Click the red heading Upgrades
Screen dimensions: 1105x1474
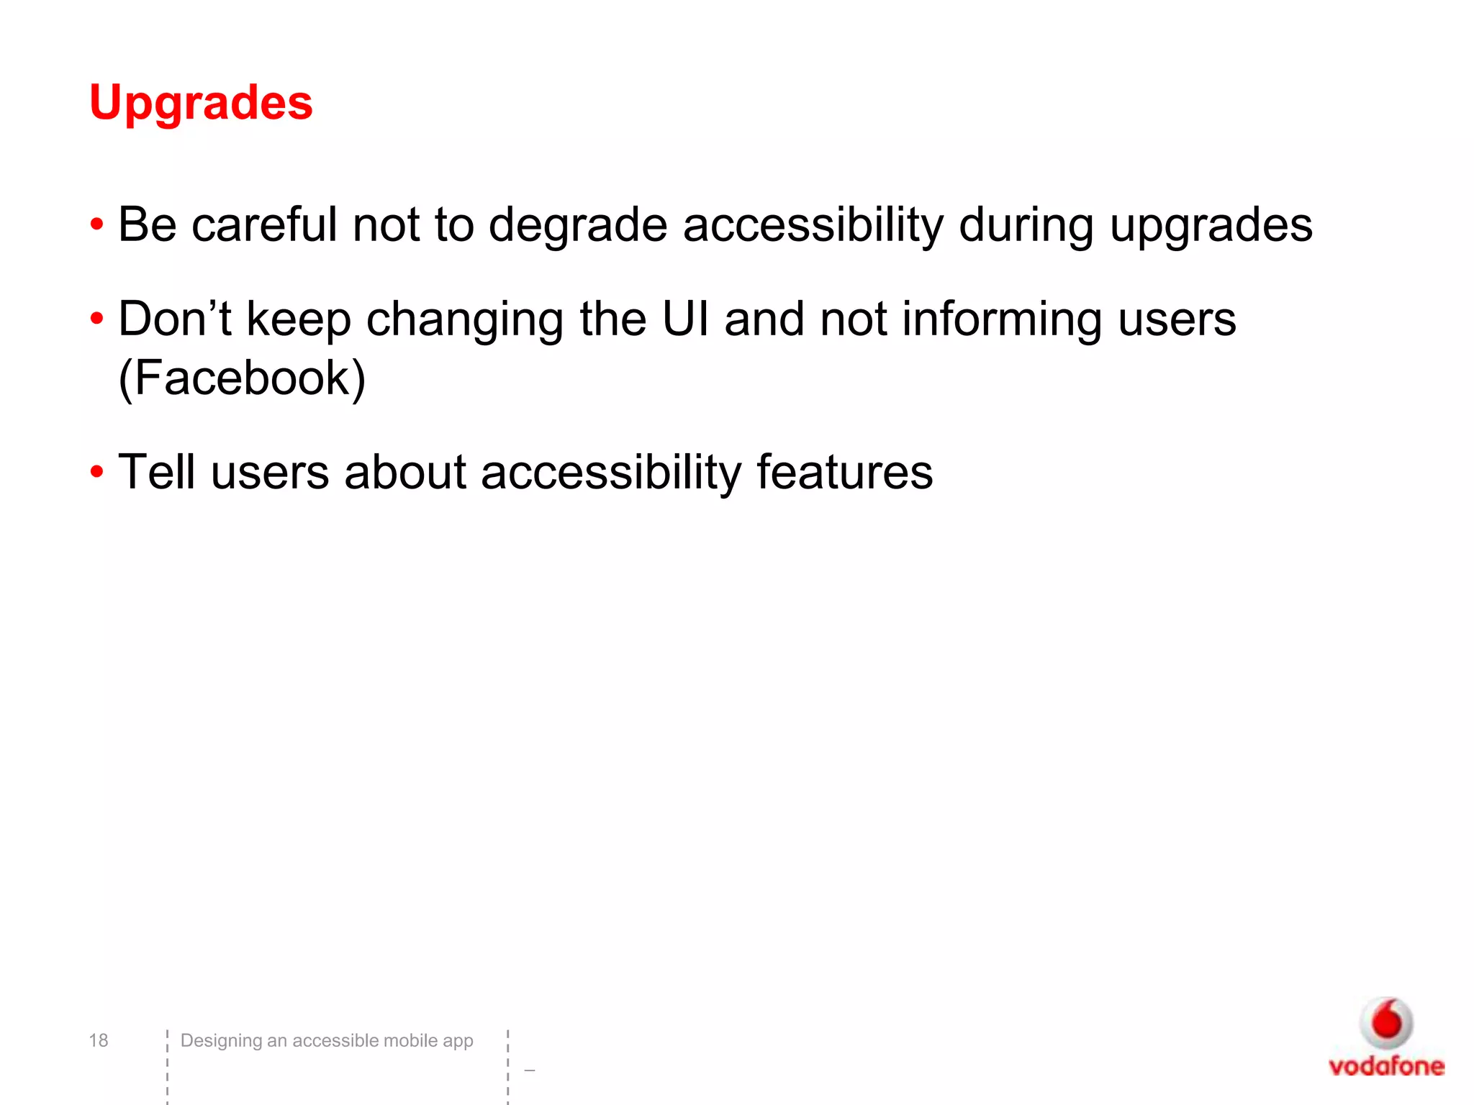pyautogui.click(x=201, y=102)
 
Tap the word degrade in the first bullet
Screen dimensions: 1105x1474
pyautogui.click(x=578, y=225)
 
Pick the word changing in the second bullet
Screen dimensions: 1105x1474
pyautogui.click(x=464, y=320)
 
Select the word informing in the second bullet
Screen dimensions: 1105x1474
pyautogui.click(x=1001, y=320)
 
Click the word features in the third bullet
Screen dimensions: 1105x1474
pyautogui.click(x=844, y=472)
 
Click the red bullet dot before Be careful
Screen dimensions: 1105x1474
pyautogui.click(x=96, y=225)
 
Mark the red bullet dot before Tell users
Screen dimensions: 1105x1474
pyautogui.click(x=96, y=473)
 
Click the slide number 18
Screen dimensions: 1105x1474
pyautogui.click(x=98, y=1040)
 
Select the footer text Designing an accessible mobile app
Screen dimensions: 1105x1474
pyautogui.click(x=327, y=1040)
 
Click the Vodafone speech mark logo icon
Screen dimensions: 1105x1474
pyautogui.click(x=1386, y=1022)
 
